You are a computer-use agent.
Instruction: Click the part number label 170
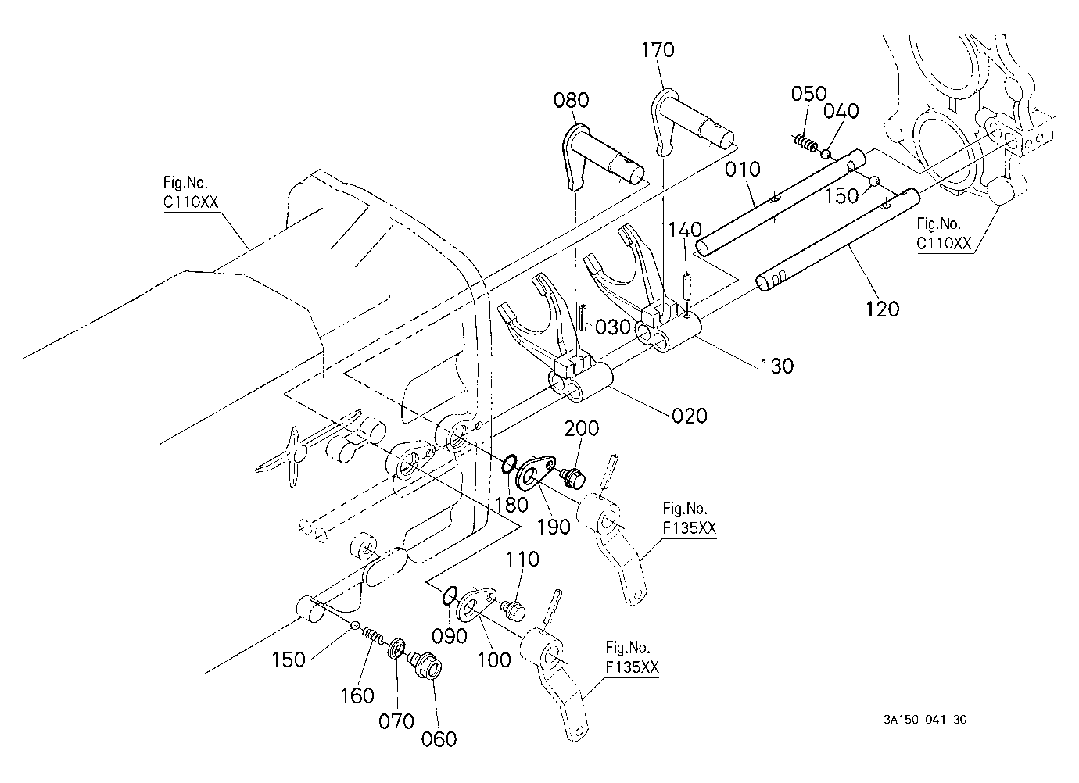(x=657, y=50)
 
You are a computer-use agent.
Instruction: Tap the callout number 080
(x=571, y=101)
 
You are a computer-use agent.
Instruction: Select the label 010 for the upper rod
(x=743, y=170)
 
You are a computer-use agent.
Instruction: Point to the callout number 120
(x=883, y=309)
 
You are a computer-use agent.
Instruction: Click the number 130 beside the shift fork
(x=777, y=366)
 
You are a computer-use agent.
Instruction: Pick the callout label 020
(x=690, y=416)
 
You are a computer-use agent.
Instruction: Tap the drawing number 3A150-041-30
(x=925, y=720)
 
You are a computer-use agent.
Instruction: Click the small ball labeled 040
(x=826, y=154)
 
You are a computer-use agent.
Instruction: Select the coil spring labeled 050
(x=805, y=142)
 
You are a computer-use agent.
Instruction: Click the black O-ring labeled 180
(x=510, y=465)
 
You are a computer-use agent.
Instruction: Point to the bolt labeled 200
(x=573, y=477)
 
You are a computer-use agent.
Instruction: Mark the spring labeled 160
(x=373, y=638)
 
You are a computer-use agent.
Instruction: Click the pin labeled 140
(x=686, y=287)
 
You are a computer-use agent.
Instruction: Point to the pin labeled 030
(x=584, y=316)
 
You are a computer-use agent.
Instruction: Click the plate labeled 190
(x=536, y=470)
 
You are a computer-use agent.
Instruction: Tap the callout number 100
(x=494, y=660)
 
